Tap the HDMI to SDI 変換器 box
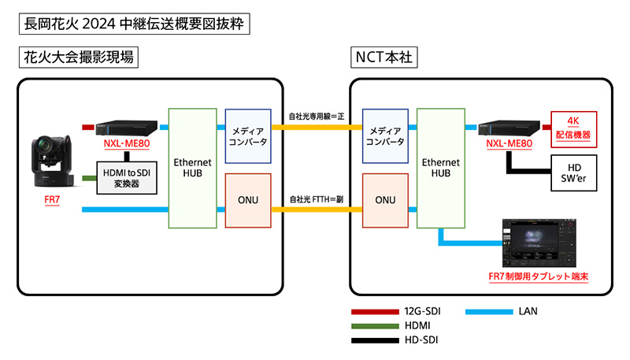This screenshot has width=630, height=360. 126,176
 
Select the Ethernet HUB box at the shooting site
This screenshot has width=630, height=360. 193,169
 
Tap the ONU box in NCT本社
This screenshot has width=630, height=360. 384,200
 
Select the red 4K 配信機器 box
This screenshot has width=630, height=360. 573,128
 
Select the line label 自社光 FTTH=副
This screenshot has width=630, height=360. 317,199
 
